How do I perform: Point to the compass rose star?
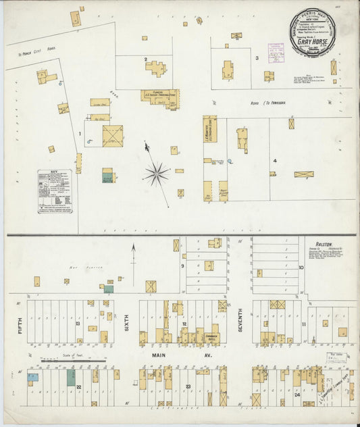coord(157,174)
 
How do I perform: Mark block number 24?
coord(299,393)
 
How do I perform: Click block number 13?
coord(78,324)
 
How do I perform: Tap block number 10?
coord(301,268)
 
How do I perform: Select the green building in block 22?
coord(71,378)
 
